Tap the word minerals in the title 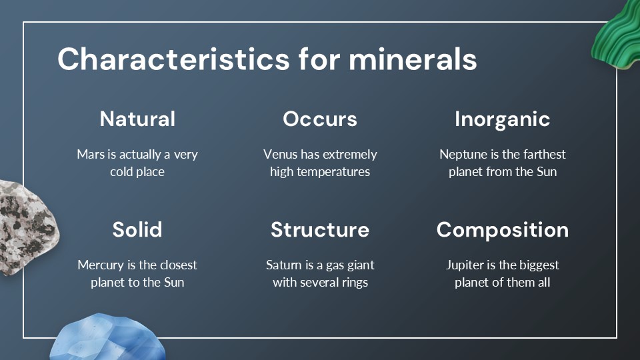[413, 59]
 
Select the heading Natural [137, 119]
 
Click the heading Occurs [320, 119]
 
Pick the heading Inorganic [502, 119]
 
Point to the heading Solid [137, 229]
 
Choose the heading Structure [320, 229]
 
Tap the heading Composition [502, 229]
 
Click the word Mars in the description [90, 155]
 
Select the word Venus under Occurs [280, 155]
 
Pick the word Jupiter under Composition [465, 265]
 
